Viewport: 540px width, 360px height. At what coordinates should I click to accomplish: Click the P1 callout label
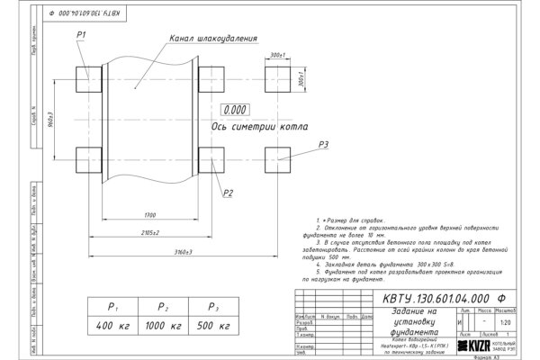point(80,34)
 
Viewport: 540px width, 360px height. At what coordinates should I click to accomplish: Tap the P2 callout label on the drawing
point(229,193)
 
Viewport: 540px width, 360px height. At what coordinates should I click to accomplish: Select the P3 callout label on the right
point(324,144)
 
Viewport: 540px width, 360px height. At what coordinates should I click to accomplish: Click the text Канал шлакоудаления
point(212,40)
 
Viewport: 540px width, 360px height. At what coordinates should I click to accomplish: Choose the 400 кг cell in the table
point(107,323)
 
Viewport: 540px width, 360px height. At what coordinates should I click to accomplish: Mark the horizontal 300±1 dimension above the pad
point(277,55)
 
